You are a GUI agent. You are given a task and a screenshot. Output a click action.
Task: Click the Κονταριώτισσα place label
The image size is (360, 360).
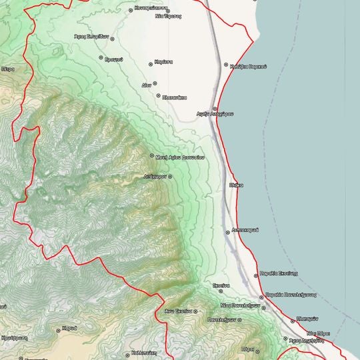[x=149, y=8]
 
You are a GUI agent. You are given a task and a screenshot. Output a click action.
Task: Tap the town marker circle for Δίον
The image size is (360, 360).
[x=155, y=83]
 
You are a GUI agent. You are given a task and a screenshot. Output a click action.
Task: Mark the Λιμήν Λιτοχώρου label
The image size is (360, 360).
[x=215, y=115]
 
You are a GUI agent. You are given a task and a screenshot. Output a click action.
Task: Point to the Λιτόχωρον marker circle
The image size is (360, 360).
[x=170, y=177]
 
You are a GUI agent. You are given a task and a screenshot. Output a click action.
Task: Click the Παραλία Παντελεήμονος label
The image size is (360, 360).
[x=291, y=294]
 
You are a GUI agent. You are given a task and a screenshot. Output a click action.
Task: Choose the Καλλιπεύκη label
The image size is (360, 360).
[x=143, y=353]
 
